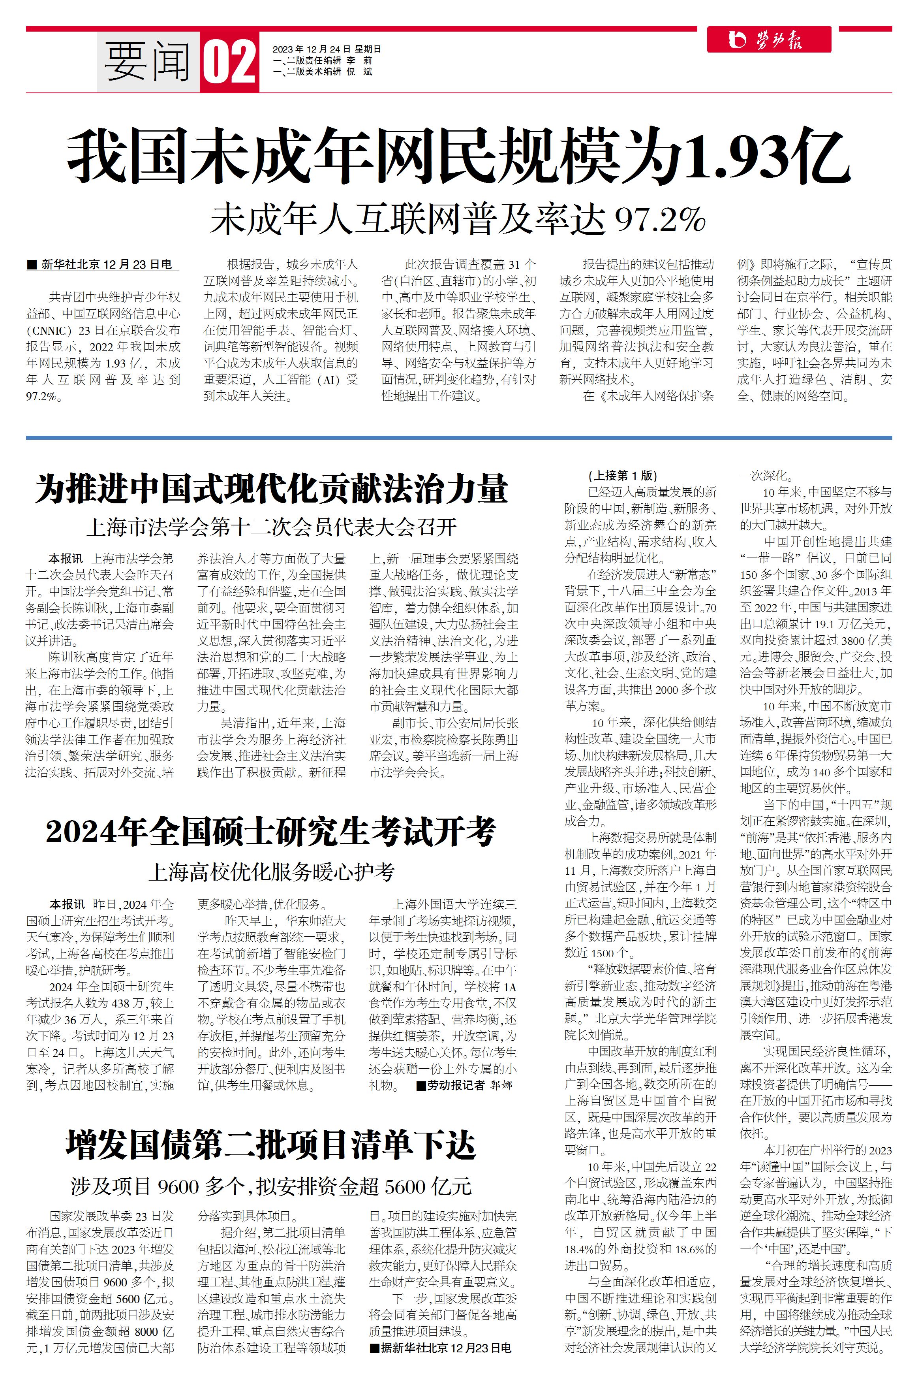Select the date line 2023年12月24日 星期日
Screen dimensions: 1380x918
[326, 49]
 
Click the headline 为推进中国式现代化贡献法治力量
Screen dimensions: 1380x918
[271, 489]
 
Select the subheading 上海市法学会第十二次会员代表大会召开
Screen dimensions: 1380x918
[271, 527]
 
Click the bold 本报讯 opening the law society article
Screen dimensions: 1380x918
[66, 559]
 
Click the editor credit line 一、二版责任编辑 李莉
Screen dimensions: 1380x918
[322, 60]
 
